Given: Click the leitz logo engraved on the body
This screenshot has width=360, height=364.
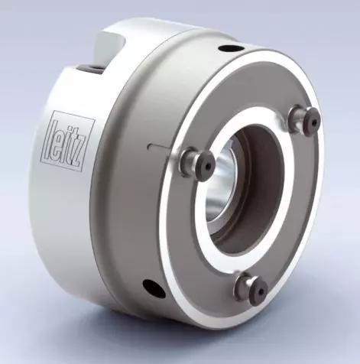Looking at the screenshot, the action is (67, 141).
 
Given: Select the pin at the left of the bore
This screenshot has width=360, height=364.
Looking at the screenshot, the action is (197, 163).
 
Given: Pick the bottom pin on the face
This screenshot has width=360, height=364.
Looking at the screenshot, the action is (251, 288).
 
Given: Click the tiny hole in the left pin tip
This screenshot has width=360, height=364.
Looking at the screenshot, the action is (208, 167).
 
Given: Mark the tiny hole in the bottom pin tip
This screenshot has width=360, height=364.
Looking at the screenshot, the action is (261, 292).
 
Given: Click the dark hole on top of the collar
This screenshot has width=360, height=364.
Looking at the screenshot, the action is (231, 48).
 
